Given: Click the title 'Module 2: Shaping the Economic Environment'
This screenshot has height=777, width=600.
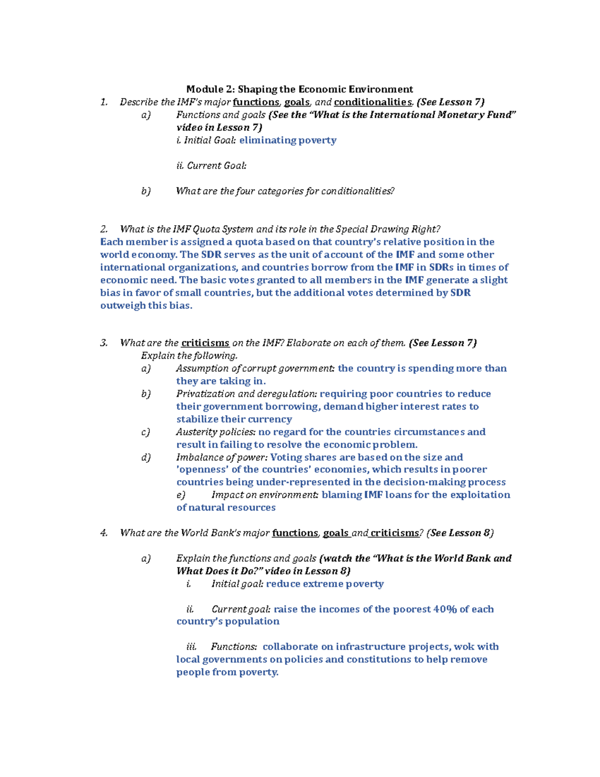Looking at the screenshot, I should point(299,89).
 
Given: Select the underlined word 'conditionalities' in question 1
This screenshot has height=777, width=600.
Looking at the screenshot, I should point(373,102).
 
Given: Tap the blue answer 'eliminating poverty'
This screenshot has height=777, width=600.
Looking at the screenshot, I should point(287,140).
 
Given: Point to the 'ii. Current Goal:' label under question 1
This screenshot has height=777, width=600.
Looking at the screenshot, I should point(211,166).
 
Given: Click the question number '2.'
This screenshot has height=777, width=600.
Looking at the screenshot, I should point(104,229).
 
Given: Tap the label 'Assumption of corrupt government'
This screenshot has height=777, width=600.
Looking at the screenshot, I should point(255,369).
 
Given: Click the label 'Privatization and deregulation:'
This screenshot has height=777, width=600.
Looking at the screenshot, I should point(246,394).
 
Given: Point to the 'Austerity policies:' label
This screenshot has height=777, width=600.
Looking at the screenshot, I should point(216,432).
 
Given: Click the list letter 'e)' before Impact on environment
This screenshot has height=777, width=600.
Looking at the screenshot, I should point(181,495).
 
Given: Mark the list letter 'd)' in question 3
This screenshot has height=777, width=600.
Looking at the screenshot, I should point(145,457).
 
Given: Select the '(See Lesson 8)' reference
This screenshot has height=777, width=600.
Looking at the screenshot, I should point(460,533).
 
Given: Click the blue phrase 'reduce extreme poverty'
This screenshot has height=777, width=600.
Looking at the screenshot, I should point(324,584).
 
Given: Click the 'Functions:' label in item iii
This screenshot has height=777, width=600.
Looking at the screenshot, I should point(234,647).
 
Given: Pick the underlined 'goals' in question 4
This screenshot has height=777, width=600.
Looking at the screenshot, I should point(335,533).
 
